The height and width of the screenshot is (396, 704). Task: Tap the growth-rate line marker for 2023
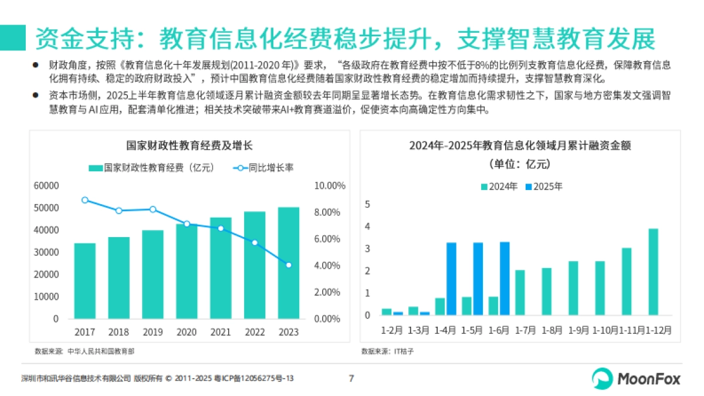pos(288,265)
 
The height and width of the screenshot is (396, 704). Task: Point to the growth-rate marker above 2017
pos(85,200)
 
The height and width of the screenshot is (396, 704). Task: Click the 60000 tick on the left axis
pos(47,186)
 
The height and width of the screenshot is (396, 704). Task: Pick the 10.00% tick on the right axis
pos(330,186)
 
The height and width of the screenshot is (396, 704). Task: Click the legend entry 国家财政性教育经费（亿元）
pos(151,168)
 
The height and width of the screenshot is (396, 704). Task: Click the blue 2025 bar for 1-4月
pos(451,279)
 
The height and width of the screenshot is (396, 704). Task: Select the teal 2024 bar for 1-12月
pos(653,272)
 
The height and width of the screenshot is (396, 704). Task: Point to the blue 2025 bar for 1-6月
pos(505,279)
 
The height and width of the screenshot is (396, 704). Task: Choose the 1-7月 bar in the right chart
pos(520,292)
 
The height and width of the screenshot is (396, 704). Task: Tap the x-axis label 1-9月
pos(578,330)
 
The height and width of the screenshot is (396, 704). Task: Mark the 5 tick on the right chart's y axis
pos(367,204)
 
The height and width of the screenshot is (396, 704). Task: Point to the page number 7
pos(351,378)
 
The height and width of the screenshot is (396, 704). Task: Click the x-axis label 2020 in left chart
pos(187,333)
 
